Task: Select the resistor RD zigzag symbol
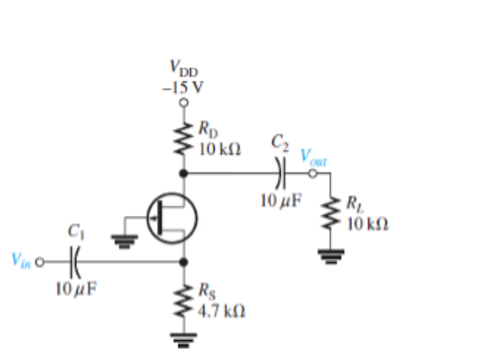click(x=185, y=137)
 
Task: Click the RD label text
click(x=206, y=126)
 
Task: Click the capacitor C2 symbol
click(x=280, y=172)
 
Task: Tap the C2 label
click(x=280, y=144)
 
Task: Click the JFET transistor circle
click(x=172, y=217)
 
